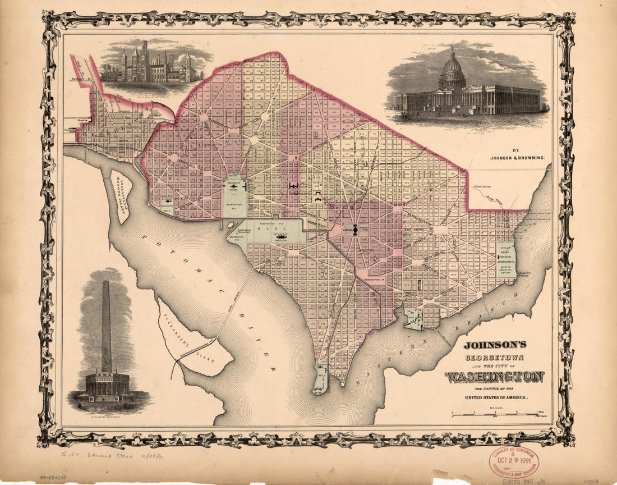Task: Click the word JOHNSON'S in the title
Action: point(494,345)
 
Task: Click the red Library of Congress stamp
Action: point(513,461)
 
